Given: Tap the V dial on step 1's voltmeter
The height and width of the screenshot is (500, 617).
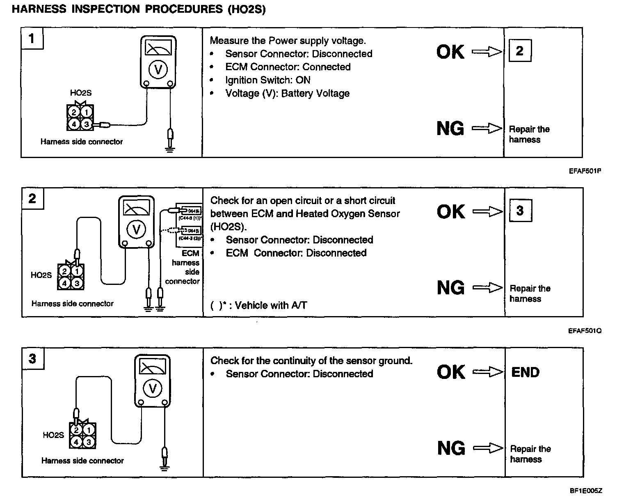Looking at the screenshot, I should click(158, 70).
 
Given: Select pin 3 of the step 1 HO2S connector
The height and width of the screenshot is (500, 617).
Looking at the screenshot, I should click(87, 124).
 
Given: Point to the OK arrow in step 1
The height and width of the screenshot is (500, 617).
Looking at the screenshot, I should click(487, 52).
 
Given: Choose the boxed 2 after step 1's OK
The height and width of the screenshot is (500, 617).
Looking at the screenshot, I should click(519, 50).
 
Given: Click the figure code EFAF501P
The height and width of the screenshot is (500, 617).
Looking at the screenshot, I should click(585, 171).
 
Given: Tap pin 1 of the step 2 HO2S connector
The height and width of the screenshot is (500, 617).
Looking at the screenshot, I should click(76, 271).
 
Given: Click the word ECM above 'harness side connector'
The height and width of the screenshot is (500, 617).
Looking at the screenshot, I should click(190, 254).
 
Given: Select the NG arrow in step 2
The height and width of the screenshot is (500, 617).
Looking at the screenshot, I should click(487, 288).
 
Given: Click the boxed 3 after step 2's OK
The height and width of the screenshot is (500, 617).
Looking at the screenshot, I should click(520, 211).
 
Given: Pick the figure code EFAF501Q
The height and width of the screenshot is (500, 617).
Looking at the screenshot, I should click(585, 330).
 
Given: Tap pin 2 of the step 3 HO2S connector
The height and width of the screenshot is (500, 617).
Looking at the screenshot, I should click(76, 430).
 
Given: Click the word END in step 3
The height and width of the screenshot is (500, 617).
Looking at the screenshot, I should click(526, 372).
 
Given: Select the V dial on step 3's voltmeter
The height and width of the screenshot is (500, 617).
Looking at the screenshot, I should click(153, 388).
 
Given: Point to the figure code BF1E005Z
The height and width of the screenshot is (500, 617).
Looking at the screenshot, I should click(585, 491).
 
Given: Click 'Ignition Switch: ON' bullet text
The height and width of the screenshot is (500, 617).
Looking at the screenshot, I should click(267, 80).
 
